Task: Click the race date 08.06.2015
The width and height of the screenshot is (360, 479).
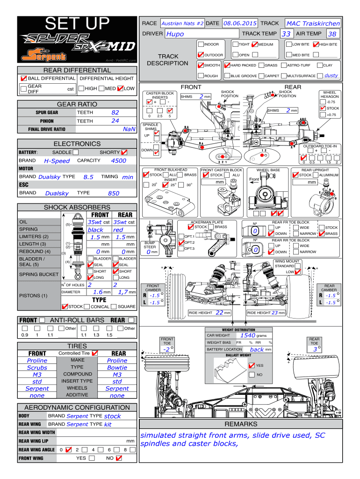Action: coord(240,23)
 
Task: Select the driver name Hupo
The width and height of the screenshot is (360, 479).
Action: coord(175,34)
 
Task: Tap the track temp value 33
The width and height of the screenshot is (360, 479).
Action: coord(286,34)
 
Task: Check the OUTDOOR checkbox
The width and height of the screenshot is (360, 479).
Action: coord(201,55)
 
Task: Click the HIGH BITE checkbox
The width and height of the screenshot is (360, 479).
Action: coord(316,44)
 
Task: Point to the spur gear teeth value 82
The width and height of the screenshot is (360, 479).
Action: coord(115,113)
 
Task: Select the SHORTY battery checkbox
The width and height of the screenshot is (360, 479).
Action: coord(124,152)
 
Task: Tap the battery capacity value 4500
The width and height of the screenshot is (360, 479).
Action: coord(119,160)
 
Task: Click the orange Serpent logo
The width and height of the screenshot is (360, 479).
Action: coord(45,56)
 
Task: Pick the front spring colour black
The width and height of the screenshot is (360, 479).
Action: coord(95,230)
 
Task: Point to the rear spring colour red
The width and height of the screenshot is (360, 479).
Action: coord(118,230)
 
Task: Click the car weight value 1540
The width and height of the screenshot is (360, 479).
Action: coord(247,335)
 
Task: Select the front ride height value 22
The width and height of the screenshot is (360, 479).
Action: coord(219,312)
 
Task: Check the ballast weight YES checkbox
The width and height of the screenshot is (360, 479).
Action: coord(252,365)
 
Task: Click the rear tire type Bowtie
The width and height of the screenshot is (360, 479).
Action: coord(117,367)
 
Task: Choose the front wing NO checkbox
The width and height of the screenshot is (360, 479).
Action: coord(119,458)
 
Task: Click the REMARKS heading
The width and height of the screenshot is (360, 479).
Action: coord(241,424)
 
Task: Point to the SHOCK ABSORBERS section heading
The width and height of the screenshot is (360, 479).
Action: coord(77,207)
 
